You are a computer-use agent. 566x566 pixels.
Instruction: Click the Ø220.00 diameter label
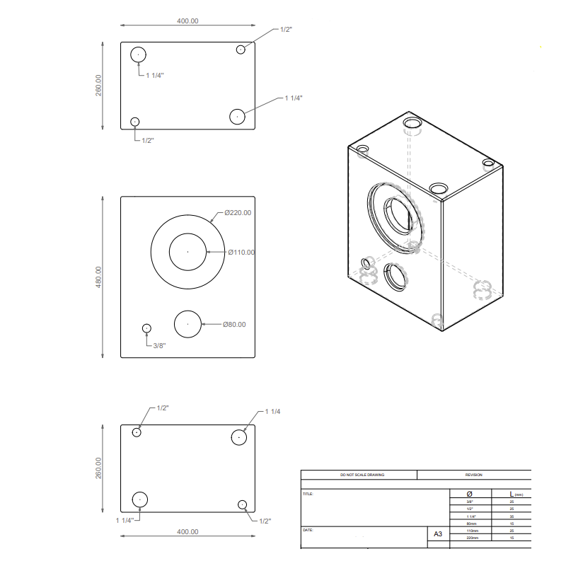[x=238, y=212]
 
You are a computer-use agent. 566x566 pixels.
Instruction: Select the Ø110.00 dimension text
[x=241, y=252]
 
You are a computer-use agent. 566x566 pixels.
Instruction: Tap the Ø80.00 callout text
[x=234, y=324]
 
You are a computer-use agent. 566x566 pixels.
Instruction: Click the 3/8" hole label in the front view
[x=162, y=345]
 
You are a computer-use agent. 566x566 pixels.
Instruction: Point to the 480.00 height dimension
[x=99, y=277]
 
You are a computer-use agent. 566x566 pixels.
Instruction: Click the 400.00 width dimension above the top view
[x=187, y=21]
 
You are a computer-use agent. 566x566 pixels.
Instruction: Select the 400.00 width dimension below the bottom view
[x=187, y=531]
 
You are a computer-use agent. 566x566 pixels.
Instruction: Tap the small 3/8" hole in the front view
[x=146, y=328]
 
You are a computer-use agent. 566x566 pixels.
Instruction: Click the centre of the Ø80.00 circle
[x=187, y=323]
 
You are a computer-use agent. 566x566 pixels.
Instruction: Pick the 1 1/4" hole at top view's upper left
[x=138, y=54]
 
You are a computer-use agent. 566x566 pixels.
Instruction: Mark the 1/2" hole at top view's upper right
[x=241, y=49]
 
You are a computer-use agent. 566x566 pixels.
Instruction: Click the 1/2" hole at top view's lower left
[x=135, y=122]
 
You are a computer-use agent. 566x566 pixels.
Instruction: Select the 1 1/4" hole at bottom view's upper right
[x=240, y=437]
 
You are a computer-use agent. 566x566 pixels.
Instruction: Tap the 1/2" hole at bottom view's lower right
[x=243, y=504]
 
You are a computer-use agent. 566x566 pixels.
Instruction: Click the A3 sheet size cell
[x=438, y=536]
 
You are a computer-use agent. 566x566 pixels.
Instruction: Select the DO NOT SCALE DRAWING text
[x=362, y=475]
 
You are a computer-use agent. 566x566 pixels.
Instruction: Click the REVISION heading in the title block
[x=473, y=475]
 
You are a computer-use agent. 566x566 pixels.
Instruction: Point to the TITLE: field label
[x=308, y=494]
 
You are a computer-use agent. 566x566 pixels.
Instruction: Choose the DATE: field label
[x=307, y=529]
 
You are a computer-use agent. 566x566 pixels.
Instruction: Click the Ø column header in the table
[x=469, y=493]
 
